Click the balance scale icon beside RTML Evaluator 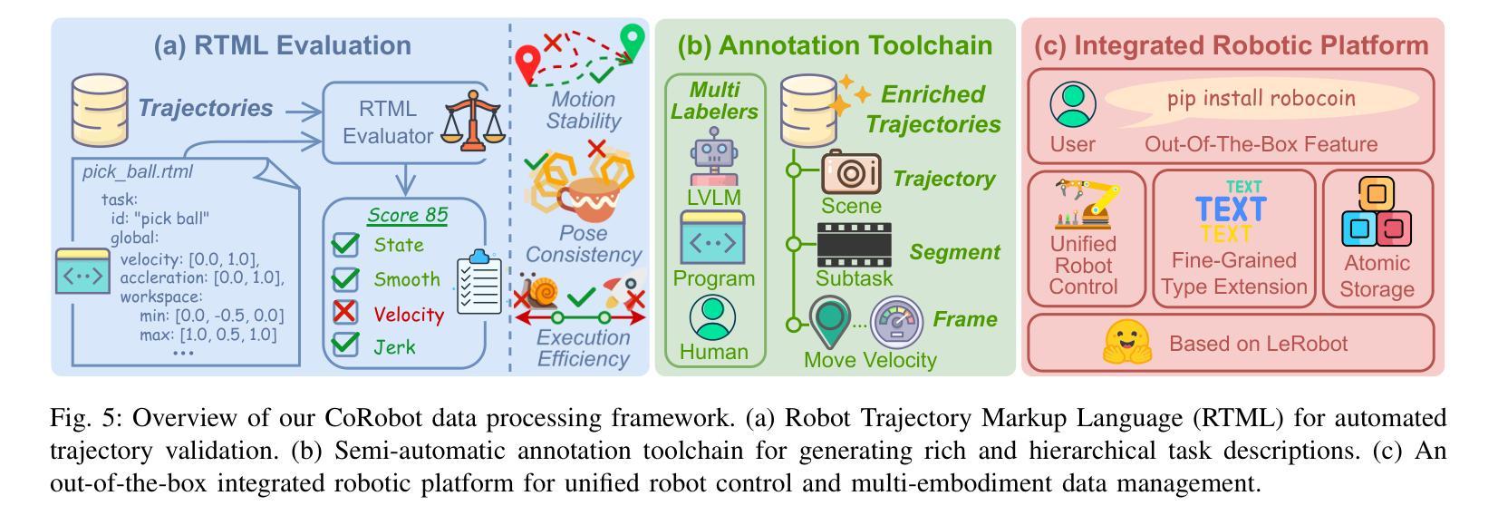pyautogui.click(x=473, y=121)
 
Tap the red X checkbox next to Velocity pyautogui.click(x=345, y=312)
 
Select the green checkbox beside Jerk pyautogui.click(x=345, y=345)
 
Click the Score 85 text pyautogui.click(x=407, y=215)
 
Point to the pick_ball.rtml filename pyautogui.click(x=137, y=172)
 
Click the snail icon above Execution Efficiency pyautogui.click(x=541, y=292)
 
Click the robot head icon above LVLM pyautogui.click(x=714, y=155)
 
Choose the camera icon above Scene pyautogui.click(x=851, y=172)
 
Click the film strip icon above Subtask pyautogui.click(x=854, y=245)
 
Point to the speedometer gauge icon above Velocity pyautogui.click(x=897, y=323)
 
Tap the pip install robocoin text pyautogui.click(x=1261, y=98)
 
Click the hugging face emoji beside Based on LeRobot pyautogui.click(x=1126, y=342)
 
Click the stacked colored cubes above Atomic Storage pyautogui.click(x=1377, y=212)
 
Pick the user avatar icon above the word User pyautogui.click(x=1073, y=104)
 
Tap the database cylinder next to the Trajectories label pyautogui.click(x=100, y=111)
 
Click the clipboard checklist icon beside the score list pyautogui.click(x=478, y=282)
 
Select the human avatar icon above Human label pyautogui.click(x=712, y=317)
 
